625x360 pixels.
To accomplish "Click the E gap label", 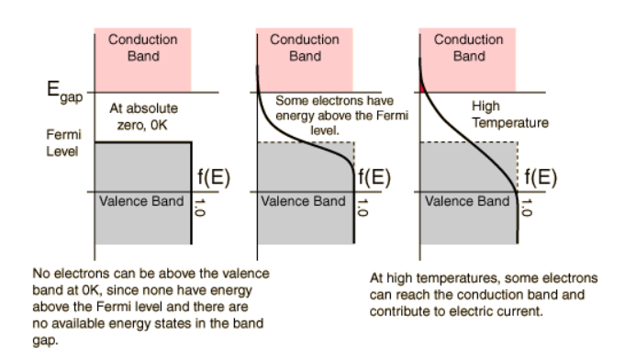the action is pos(64,92).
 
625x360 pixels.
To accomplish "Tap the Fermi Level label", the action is pos(63,143).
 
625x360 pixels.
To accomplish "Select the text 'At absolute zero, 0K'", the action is pos(143,117).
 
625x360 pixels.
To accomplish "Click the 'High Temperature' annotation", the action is pos(509,115).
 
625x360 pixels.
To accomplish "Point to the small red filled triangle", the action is pos(422,87).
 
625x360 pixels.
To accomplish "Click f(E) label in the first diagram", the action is pos(214,176).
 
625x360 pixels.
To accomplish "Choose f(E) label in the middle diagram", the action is pos(374,176).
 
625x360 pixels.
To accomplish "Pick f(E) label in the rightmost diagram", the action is pos(541,176).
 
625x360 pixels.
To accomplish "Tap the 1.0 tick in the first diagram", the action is pos(199,208).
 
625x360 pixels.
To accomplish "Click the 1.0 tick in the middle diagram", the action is pos(362,208).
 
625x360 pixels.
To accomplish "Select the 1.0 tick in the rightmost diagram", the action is pos(527,208).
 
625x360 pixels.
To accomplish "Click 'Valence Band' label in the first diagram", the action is pos(141,201).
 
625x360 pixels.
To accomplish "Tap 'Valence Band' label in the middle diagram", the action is pos(304,201).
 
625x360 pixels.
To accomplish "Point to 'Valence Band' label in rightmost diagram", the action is pos(467,201).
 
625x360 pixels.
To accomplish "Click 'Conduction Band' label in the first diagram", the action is pos(143,48).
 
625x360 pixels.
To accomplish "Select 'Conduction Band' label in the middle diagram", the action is pos(305,48).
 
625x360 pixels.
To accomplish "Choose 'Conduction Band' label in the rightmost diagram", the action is pos(469,48).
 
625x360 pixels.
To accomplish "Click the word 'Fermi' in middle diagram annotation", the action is pos(391,116).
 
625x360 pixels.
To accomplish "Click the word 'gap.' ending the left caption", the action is pos(46,341).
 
